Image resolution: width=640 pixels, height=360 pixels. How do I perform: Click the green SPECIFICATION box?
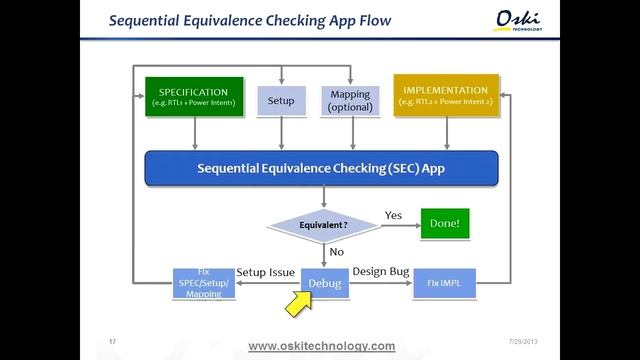[194, 96]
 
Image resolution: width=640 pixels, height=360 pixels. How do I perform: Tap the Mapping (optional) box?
[350, 100]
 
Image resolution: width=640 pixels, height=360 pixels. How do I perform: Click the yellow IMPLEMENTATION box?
[445, 96]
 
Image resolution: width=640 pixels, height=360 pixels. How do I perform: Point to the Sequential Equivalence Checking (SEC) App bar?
[320, 168]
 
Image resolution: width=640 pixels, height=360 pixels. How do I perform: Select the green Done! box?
[444, 224]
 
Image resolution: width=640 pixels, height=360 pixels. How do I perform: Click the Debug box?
[324, 284]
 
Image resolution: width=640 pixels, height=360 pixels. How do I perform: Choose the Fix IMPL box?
[444, 284]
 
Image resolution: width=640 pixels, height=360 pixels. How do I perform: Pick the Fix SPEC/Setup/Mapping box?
[203, 284]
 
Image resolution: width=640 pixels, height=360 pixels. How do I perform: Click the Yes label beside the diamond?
[393, 215]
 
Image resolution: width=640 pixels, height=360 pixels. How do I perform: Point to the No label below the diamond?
[337, 252]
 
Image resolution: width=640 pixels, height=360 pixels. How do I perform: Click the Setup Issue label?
[265, 272]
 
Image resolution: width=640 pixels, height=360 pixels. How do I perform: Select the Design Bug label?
[382, 272]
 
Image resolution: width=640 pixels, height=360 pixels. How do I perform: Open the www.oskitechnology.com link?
[321, 346]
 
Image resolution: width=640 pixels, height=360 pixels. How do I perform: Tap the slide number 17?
[112, 342]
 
